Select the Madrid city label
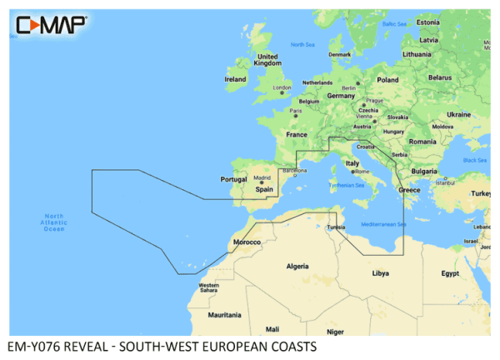[262, 177]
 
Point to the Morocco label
[247, 242]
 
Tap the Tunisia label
[336, 227]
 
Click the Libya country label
[380, 272]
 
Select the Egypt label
[450, 272]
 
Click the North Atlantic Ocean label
[53, 222]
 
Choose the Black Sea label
[475, 159]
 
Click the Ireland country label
[236, 79]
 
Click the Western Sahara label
[208, 288]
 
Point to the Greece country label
[409, 190]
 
